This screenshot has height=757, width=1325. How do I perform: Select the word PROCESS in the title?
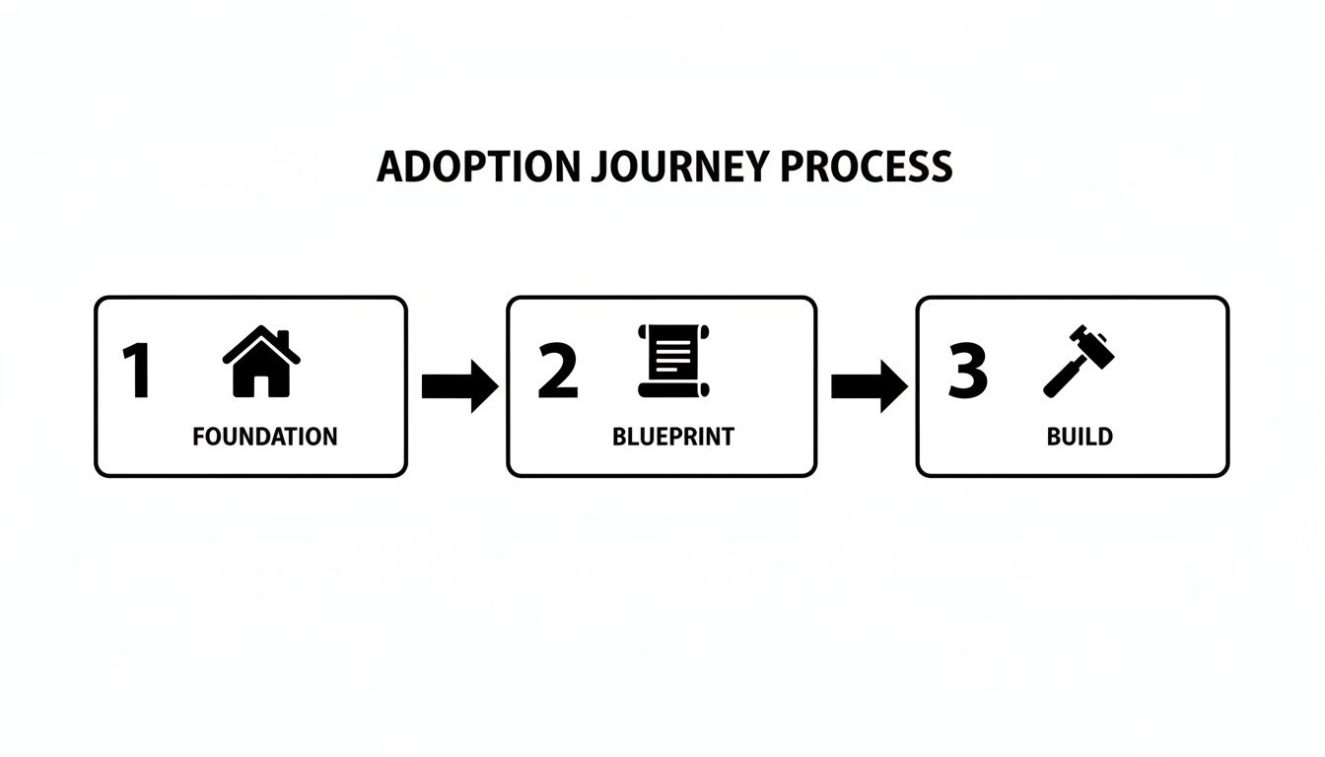(866, 167)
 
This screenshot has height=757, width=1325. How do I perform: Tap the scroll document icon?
(673, 361)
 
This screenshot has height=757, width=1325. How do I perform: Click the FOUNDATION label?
(264, 436)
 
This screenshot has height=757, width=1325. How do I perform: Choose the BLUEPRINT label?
(673, 436)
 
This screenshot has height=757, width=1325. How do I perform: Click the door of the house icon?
(261, 383)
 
